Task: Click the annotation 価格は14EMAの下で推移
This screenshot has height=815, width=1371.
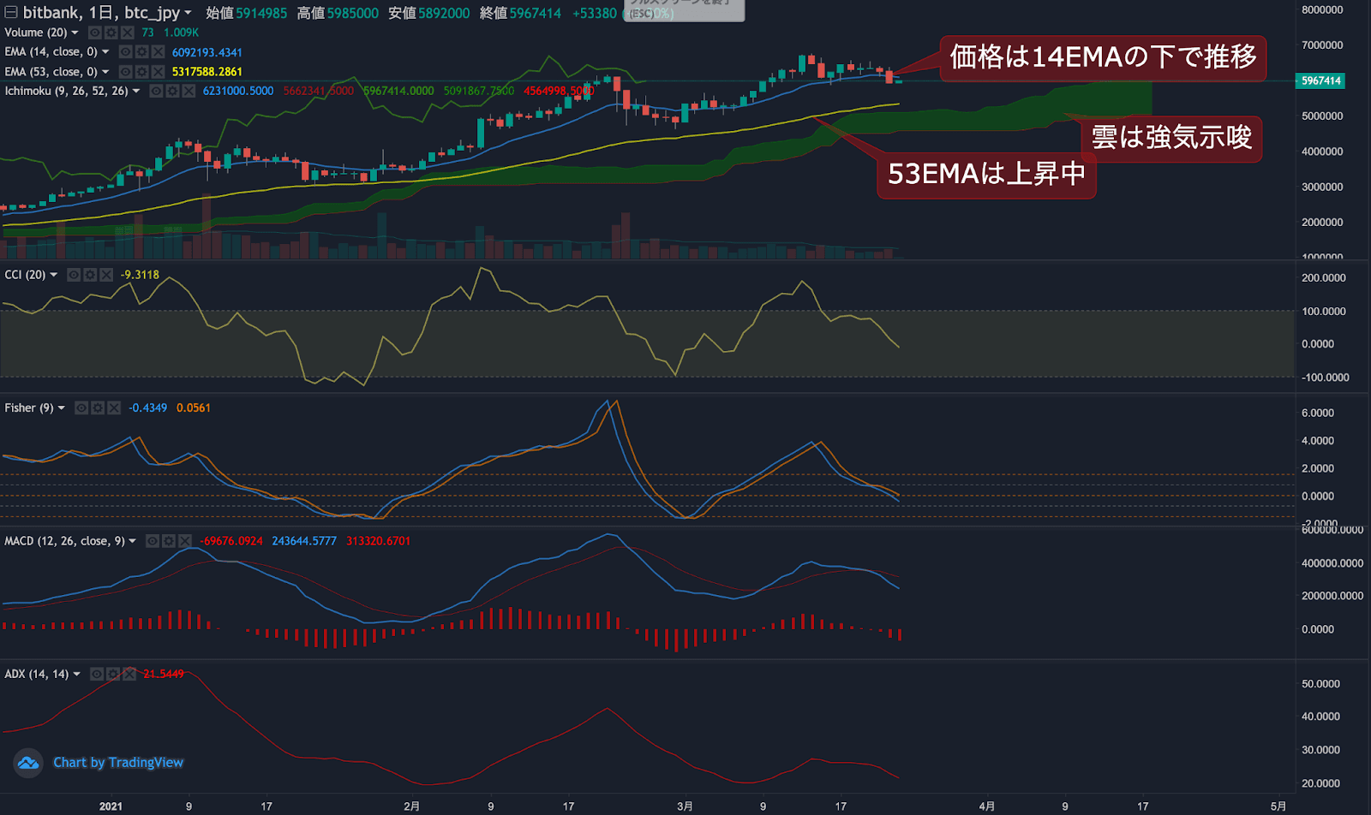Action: tap(1103, 57)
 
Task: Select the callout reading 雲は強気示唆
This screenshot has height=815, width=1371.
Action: tap(1170, 138)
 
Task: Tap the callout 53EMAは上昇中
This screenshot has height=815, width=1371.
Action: tap(986, 174)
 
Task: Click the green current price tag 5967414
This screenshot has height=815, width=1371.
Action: tap(1320, 80)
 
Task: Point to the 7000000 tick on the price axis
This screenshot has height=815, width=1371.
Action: tap(1321, 45)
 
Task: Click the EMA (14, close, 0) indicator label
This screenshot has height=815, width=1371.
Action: tap(51, 52)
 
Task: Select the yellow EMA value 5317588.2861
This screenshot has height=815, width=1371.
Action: tap(207, 72)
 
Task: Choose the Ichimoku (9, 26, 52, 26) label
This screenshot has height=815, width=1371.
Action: tap(66, 91)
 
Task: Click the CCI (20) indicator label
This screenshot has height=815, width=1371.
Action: tap(25, 275)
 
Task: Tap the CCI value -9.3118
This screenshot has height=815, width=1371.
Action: tap(140, 275)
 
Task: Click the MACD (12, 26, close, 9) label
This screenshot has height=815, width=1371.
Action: tap(64, 541)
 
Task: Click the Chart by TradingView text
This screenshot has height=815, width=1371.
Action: tap(118, 763)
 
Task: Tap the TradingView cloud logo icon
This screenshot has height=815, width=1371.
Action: tap(28, 763)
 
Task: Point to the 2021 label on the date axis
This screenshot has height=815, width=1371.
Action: tap(111, 806)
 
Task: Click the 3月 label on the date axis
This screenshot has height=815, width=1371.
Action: tap(685, 806)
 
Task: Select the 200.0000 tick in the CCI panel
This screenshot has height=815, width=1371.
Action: tap(1323, 278)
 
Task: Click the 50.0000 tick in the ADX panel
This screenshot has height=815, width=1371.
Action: tap(1320, 684)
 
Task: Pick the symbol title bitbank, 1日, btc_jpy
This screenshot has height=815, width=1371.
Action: tap(101, 13)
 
